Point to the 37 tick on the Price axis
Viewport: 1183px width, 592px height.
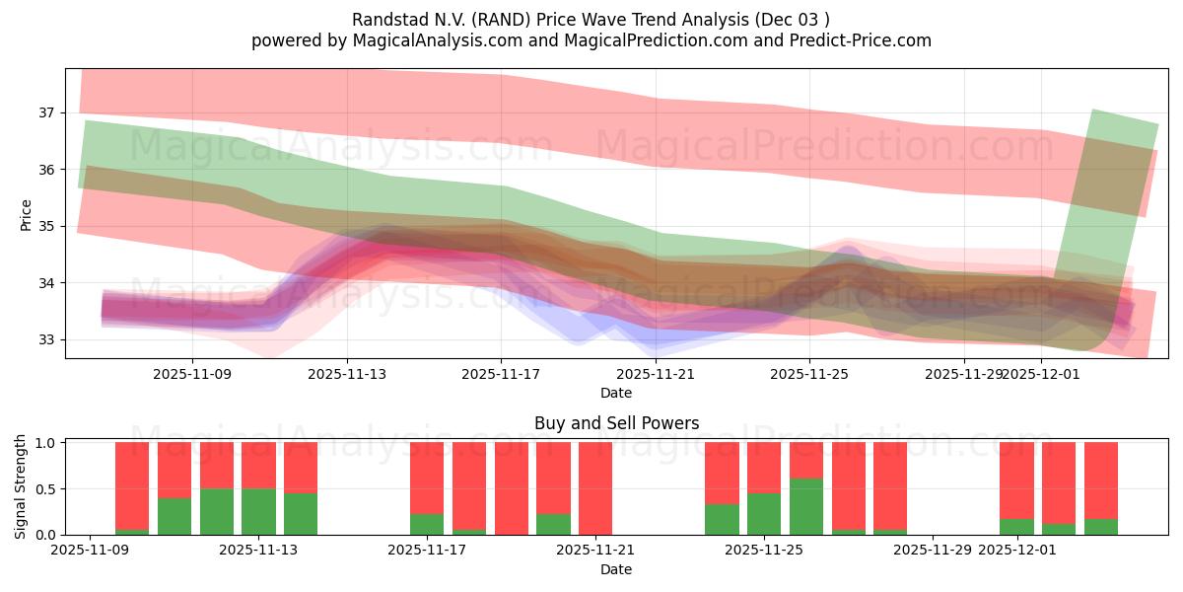tap(46, 113)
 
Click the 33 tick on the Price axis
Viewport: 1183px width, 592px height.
tap(46, 340)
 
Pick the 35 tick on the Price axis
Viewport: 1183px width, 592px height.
tap(46, 227)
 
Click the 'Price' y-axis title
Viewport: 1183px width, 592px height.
tap(26, 214)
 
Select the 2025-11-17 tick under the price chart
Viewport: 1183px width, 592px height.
tap(501, 374)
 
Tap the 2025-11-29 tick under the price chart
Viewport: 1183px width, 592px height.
tap(964, 374)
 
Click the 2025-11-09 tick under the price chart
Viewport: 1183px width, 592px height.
tap(192, 374)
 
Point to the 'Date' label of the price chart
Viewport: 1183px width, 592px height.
tap(616, 393)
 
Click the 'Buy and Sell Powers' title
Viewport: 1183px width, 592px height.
tap(616, 423)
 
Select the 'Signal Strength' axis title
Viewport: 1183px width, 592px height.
tap(21, 487)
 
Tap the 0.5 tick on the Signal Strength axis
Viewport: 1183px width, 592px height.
tap(44, 489)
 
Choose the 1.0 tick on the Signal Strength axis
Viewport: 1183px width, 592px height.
tap(44, 443)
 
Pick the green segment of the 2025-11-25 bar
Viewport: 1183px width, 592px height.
tap(764, 514)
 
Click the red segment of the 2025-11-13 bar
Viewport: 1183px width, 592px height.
tap(258, 465)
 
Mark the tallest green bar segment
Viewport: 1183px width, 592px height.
tap(806, 506)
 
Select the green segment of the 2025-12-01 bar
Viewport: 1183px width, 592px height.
tap(1016, 527)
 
